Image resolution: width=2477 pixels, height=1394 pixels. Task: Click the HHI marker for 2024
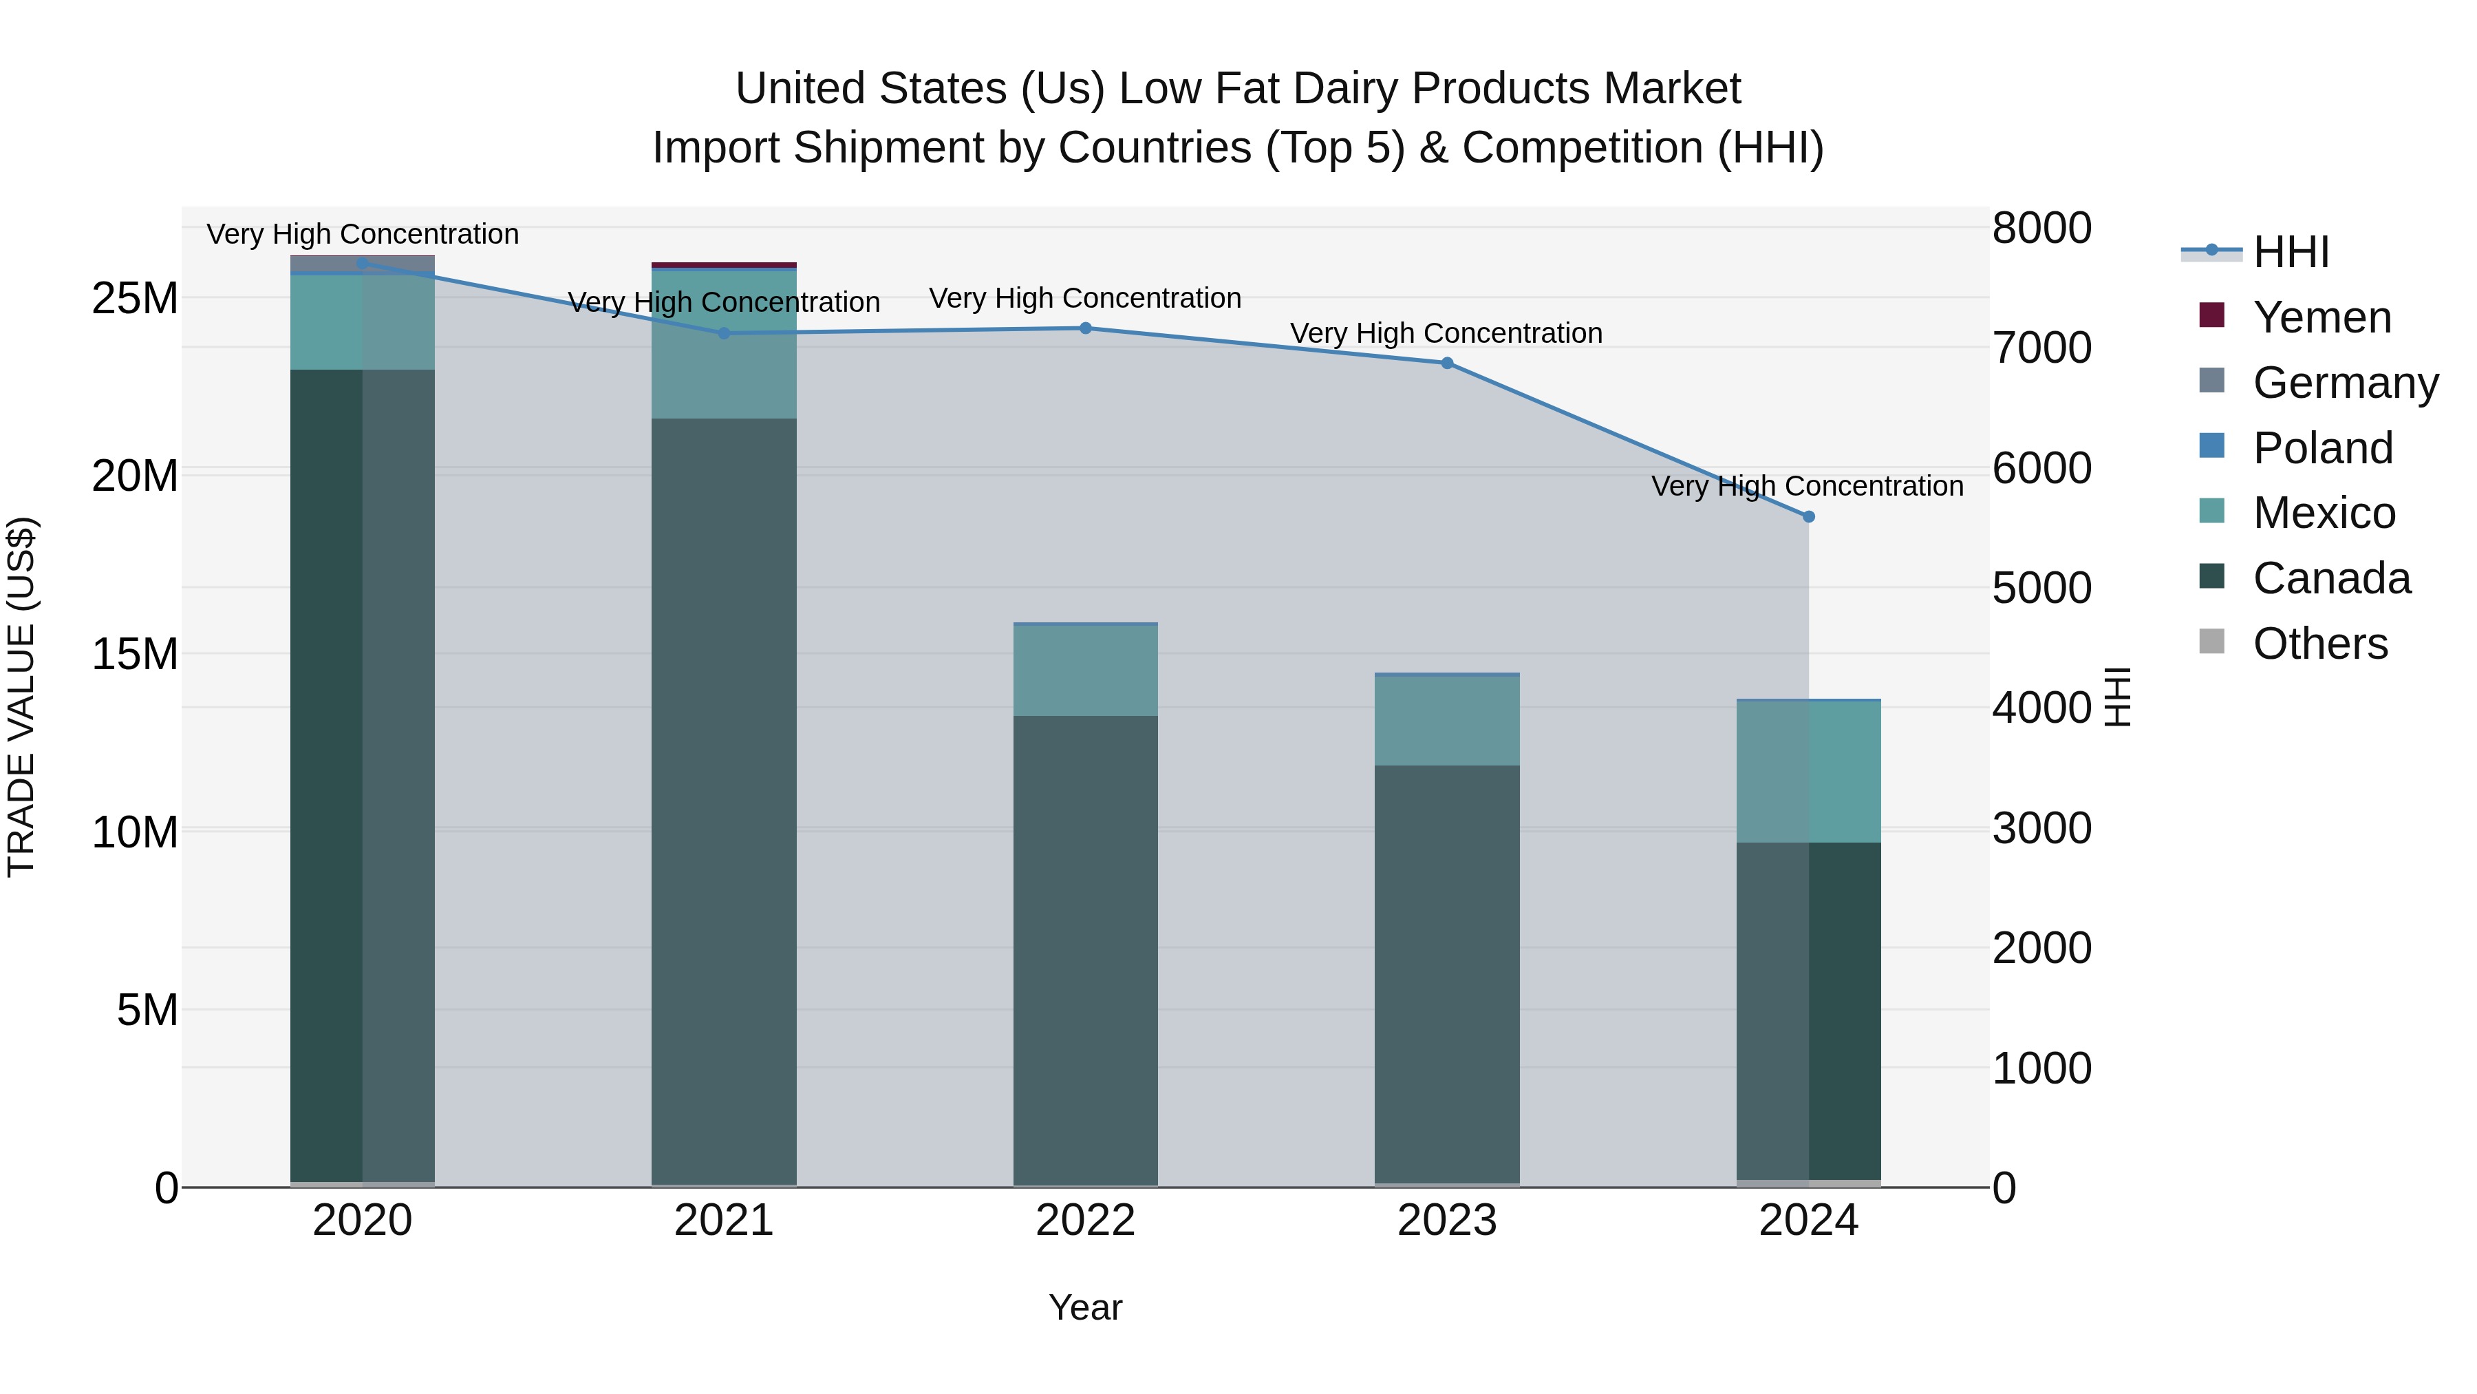(x=1808, y=516)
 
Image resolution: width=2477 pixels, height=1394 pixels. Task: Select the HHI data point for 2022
(x=1086, y=328)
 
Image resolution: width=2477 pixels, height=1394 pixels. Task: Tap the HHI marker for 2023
(x=1447, y=363)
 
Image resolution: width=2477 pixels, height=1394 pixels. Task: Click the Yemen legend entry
(x=2321, y=317)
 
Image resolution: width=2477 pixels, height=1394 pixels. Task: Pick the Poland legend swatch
(x=2211, y=446)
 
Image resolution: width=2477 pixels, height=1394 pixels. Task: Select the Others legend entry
(x=2319, y=644)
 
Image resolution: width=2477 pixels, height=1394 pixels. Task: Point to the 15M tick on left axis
(x=135, y=654)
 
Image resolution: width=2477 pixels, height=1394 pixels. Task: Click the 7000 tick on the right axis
(x=2041, y=348)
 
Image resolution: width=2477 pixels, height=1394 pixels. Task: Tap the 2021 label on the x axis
(x=724, y=1221)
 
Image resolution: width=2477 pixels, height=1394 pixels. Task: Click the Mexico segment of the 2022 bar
(x=1086, y=670)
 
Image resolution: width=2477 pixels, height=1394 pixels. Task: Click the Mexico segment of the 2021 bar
(x=724, y=344)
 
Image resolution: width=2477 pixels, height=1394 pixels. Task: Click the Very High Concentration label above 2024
(x=1808, y=486)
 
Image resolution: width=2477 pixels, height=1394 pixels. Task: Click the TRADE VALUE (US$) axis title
(x=21, y=697)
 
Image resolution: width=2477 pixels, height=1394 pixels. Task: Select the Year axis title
(x=1086, y=1307)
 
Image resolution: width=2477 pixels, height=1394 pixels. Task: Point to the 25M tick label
(x=135, y=298)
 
